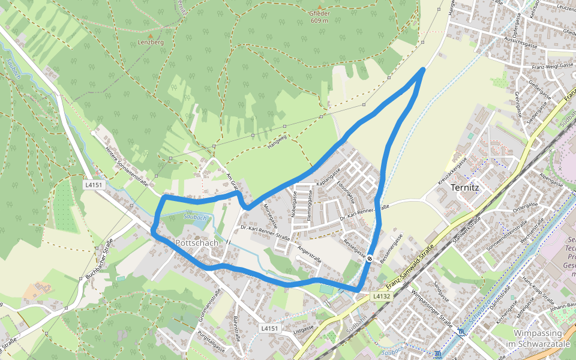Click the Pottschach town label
click(x=197, y=243)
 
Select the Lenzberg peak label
click(x=151, y=43)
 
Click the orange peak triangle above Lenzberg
click(x=151, y=35)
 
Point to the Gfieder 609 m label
click(x=319, y=16)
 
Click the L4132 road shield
click(x=382, y=296)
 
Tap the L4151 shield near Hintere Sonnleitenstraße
click(x=93, y=185)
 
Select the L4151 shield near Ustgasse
click(x=271, y=328)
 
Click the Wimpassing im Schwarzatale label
click(x=537, y=338)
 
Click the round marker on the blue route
click(x=370, y=259)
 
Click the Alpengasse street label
click(x=553, y=178)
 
